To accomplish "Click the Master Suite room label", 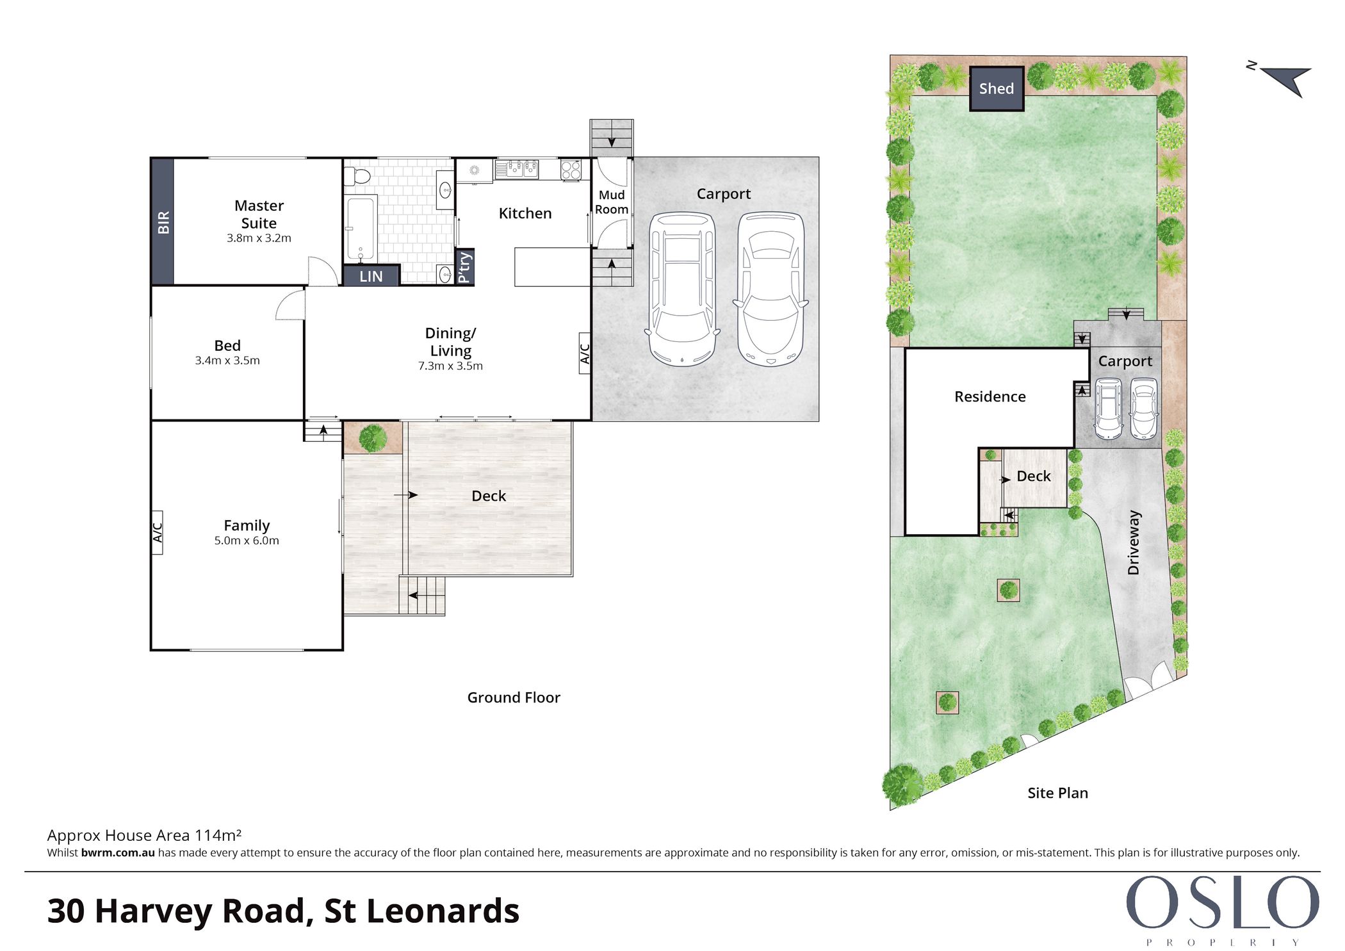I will click(x=259, y=214).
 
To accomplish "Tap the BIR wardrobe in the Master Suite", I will click(x=163, y=222).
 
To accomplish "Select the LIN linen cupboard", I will click(x=371, y=276).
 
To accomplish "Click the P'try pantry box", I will click(x=464, y=266).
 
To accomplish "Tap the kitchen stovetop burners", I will click(x=571, y=170).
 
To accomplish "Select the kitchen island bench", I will click(x=552, y=267).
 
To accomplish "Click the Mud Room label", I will click(x=612, y=202).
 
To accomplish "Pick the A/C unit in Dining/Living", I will click(x=584, y=354).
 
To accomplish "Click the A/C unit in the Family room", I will click(x=157, y=532).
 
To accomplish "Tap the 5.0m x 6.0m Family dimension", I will click(x=247, y=541).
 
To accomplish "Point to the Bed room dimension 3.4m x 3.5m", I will click(x=227, y=361).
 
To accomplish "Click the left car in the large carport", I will click(x=682, y=289).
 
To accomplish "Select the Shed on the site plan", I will click(x=996, y=88).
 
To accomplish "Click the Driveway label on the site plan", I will click(x=1133, y=542).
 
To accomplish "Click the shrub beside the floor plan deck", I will click(x=373, y=438).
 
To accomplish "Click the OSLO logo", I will click(x=1221, y=903).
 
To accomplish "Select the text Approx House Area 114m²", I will click(x=144, y=835).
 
